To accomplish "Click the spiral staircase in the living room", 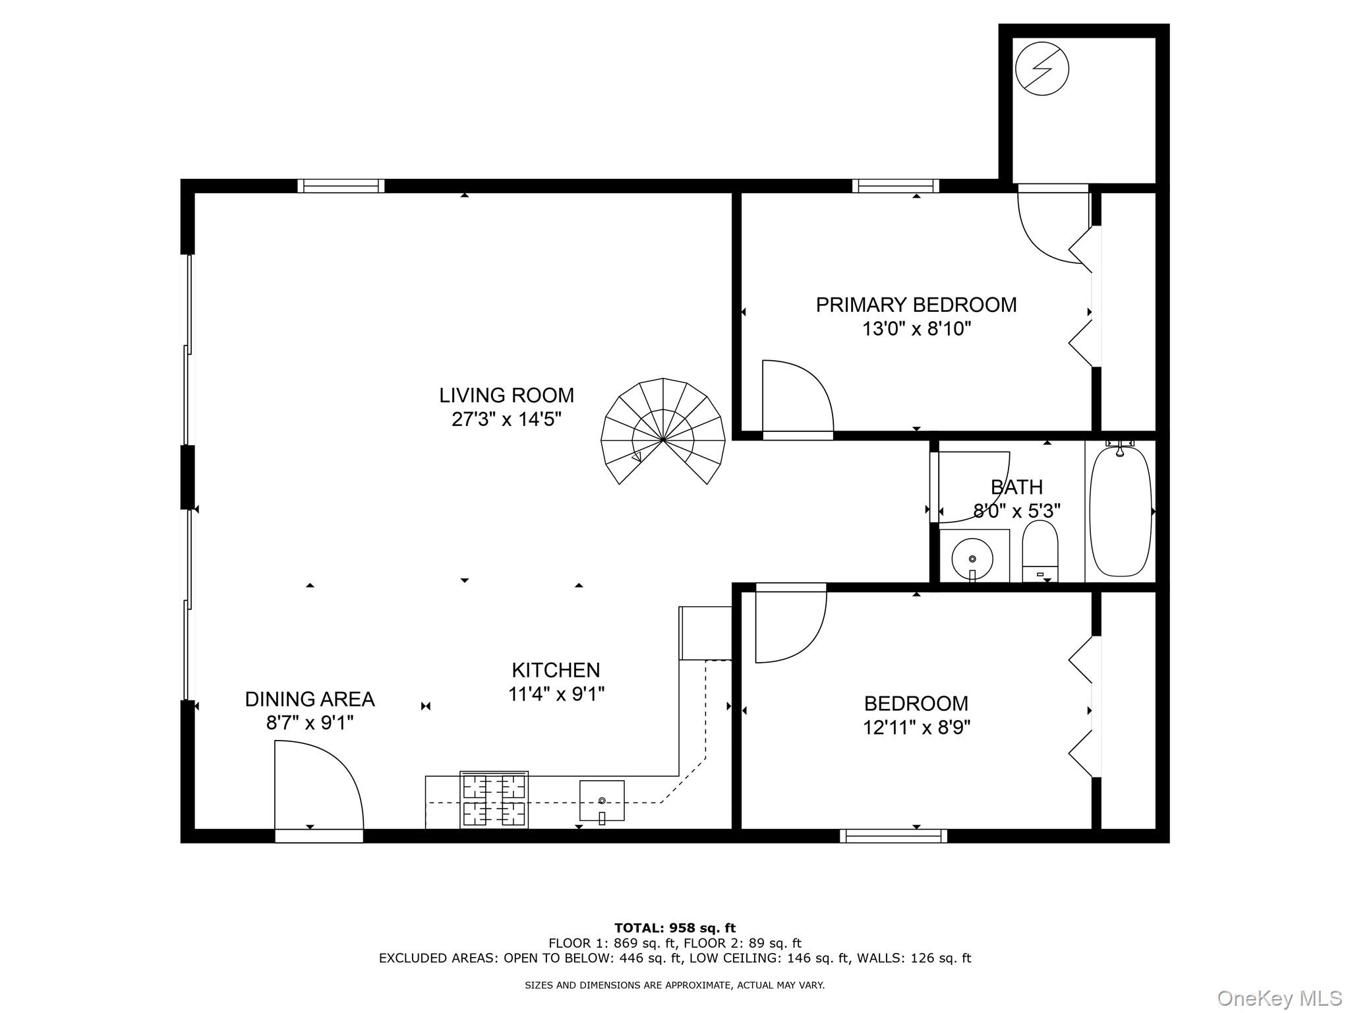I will [662, 432].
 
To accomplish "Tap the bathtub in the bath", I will [1120, 511].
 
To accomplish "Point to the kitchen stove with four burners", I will [494, 799].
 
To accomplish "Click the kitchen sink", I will [601, 800].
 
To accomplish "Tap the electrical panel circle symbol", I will [1042, 69].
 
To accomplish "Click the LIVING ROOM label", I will [506, 396].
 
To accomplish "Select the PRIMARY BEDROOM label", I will [916, 305].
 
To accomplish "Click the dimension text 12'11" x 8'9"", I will [916, 727].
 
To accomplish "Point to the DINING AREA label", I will [310, 699].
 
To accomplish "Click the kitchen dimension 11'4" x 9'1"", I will [556, 694].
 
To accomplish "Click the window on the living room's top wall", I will [341, 186].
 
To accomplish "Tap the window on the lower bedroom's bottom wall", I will [893, 836].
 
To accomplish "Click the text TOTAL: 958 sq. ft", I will [674, 928].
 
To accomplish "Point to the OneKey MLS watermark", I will [1279, 998].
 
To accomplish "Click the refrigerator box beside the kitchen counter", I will [705, 633].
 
